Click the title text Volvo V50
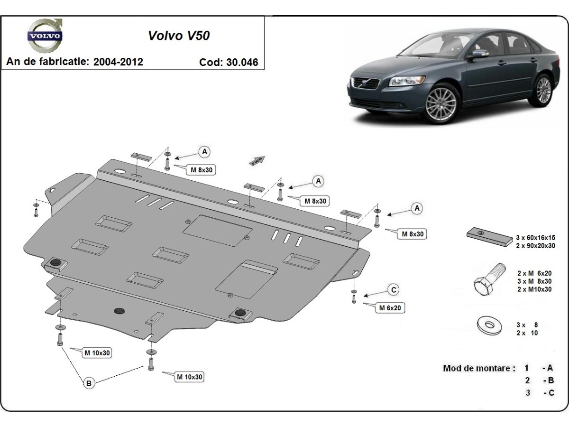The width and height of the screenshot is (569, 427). pyautogui.click(x=179, y=36)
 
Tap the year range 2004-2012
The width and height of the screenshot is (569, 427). pyautogui.click(x=118, y=62)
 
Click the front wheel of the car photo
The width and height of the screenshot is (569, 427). pyautogui.click(x=441, y=103)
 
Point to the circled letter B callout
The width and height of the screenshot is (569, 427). pyautogui.click(x=89, y=383)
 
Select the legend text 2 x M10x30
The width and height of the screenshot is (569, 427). pyautogui.click(x=534, y=289)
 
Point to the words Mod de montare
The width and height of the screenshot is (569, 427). pyautogui.click(x=479, y=368)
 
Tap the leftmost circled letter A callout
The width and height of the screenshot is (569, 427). pyautogui.click(x=204, y=151)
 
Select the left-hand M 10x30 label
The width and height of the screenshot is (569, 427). pyautogui.click(x=97, y=353)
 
